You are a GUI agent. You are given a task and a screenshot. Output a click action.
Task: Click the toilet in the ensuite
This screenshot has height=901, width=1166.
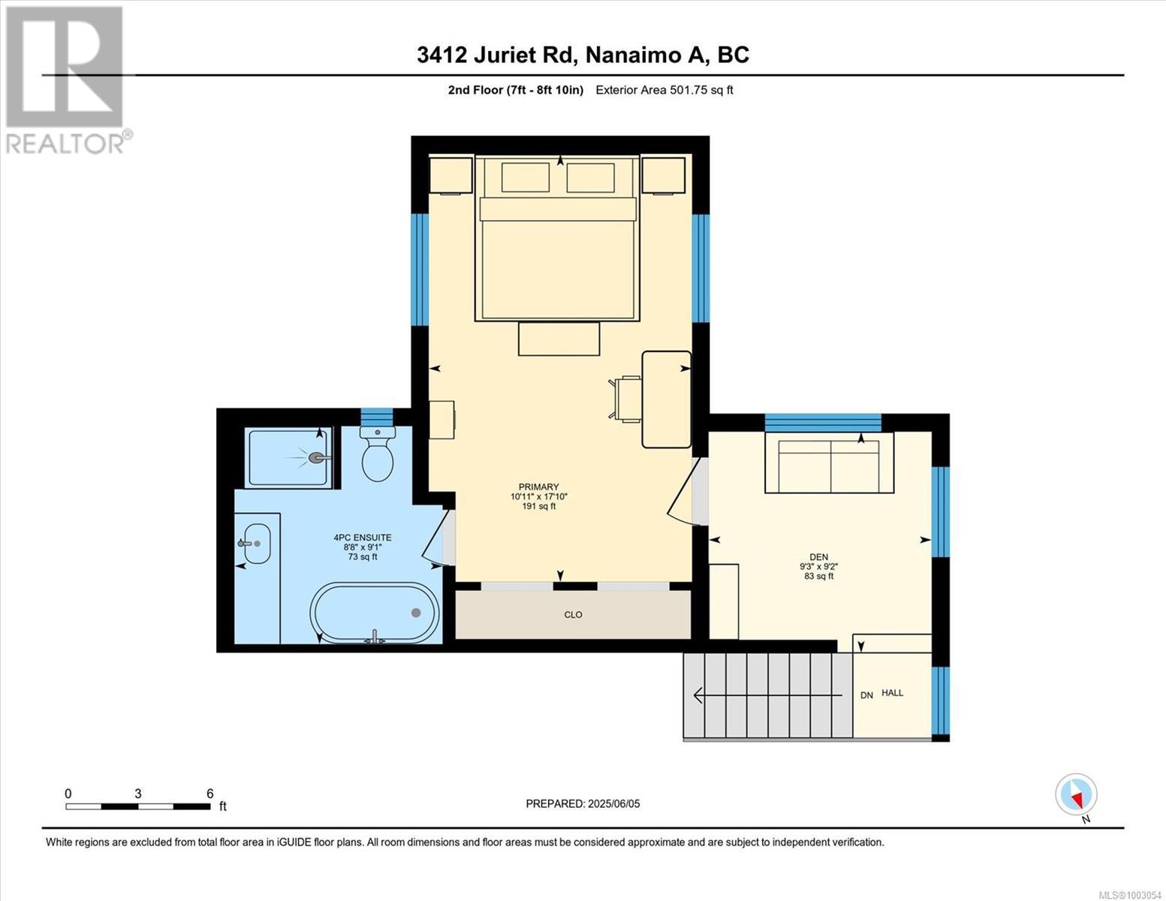[x=377, y=454]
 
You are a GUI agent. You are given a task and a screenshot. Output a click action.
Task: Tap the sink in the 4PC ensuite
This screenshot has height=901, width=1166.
[x=257, y=544]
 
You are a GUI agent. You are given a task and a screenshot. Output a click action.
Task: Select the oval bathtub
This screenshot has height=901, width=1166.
[x=375, y=613]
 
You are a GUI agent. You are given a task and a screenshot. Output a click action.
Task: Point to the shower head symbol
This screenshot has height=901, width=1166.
[x=317, y=457]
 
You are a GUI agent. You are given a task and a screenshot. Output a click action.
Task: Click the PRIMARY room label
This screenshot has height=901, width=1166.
[x=539, y=487]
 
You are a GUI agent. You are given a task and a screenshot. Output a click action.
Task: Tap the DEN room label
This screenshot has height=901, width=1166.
[x=819, y=557]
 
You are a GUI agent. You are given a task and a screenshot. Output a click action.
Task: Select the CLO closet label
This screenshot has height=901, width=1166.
[x=573, y=614]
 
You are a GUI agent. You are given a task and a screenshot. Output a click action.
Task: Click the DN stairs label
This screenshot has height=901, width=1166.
[x=866, y=695]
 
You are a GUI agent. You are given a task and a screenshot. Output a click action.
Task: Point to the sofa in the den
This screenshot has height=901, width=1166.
[x=829, y=463]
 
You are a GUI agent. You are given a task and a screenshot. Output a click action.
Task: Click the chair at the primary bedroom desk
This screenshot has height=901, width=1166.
[x=625, y=399]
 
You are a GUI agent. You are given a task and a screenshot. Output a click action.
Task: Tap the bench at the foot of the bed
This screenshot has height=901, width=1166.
[x=559, y=339]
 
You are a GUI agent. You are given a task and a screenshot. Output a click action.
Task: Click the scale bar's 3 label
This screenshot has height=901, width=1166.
[x=138, y=794]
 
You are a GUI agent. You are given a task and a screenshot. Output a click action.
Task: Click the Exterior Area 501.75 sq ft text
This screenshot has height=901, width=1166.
[x=664, y=90]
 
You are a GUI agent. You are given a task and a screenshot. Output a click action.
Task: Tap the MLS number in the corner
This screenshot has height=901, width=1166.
[x=1131, y=895]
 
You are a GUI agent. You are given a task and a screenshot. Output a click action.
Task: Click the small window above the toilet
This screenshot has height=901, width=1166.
[x=377, y=417]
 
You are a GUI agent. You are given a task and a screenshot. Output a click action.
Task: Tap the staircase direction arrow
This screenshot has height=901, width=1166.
[x=767, y=695]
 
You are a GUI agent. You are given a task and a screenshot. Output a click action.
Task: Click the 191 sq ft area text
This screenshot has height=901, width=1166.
[x=539, y=506]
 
